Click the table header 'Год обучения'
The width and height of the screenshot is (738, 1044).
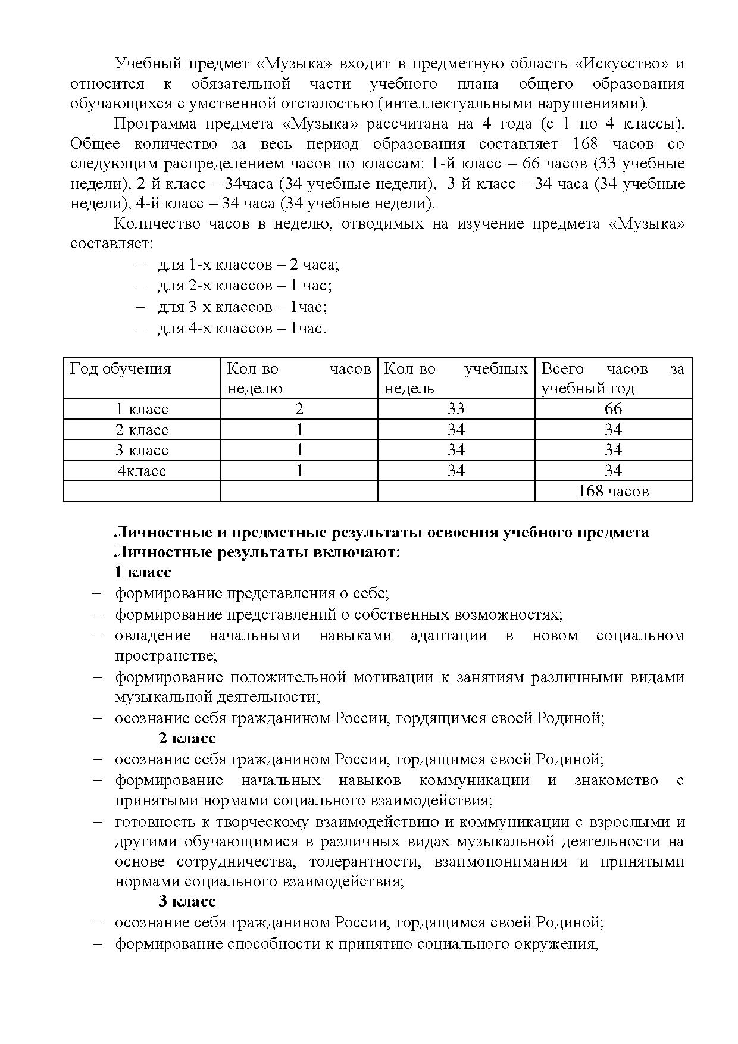120,369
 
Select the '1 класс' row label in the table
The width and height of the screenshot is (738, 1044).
142,410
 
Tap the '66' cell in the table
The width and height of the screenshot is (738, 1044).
613,409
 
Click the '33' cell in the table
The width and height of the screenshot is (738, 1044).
456,409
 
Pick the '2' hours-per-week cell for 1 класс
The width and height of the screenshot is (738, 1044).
299,409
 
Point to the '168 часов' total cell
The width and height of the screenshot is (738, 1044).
613,491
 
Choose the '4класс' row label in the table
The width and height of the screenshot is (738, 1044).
142,471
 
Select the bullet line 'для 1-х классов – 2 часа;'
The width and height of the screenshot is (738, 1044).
248,265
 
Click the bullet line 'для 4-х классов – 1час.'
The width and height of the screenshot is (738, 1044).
242,328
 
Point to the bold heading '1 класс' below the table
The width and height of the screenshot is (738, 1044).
143,573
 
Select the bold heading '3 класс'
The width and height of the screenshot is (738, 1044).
187,901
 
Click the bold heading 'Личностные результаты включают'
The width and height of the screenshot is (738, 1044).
255,552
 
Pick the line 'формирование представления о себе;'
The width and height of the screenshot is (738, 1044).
252,593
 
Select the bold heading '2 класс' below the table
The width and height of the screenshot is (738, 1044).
187,739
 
